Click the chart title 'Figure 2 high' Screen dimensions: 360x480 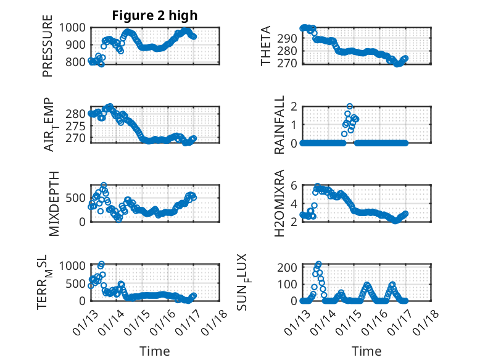click(x=154, y=15)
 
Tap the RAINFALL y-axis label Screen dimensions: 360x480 click(x=279, y=125)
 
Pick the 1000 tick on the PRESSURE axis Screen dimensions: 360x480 click(x=77, y=28)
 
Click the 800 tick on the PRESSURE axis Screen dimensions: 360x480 click(x=79, y=62)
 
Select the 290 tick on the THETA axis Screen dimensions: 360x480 click(x=291, y=38)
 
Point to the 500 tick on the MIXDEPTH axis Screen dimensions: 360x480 click(x=79, y=198)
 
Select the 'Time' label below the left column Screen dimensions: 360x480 click(x=154, y=351)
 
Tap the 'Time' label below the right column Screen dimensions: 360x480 click(x=366, y=351)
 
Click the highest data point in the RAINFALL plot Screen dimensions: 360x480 click(x=350, y=107)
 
